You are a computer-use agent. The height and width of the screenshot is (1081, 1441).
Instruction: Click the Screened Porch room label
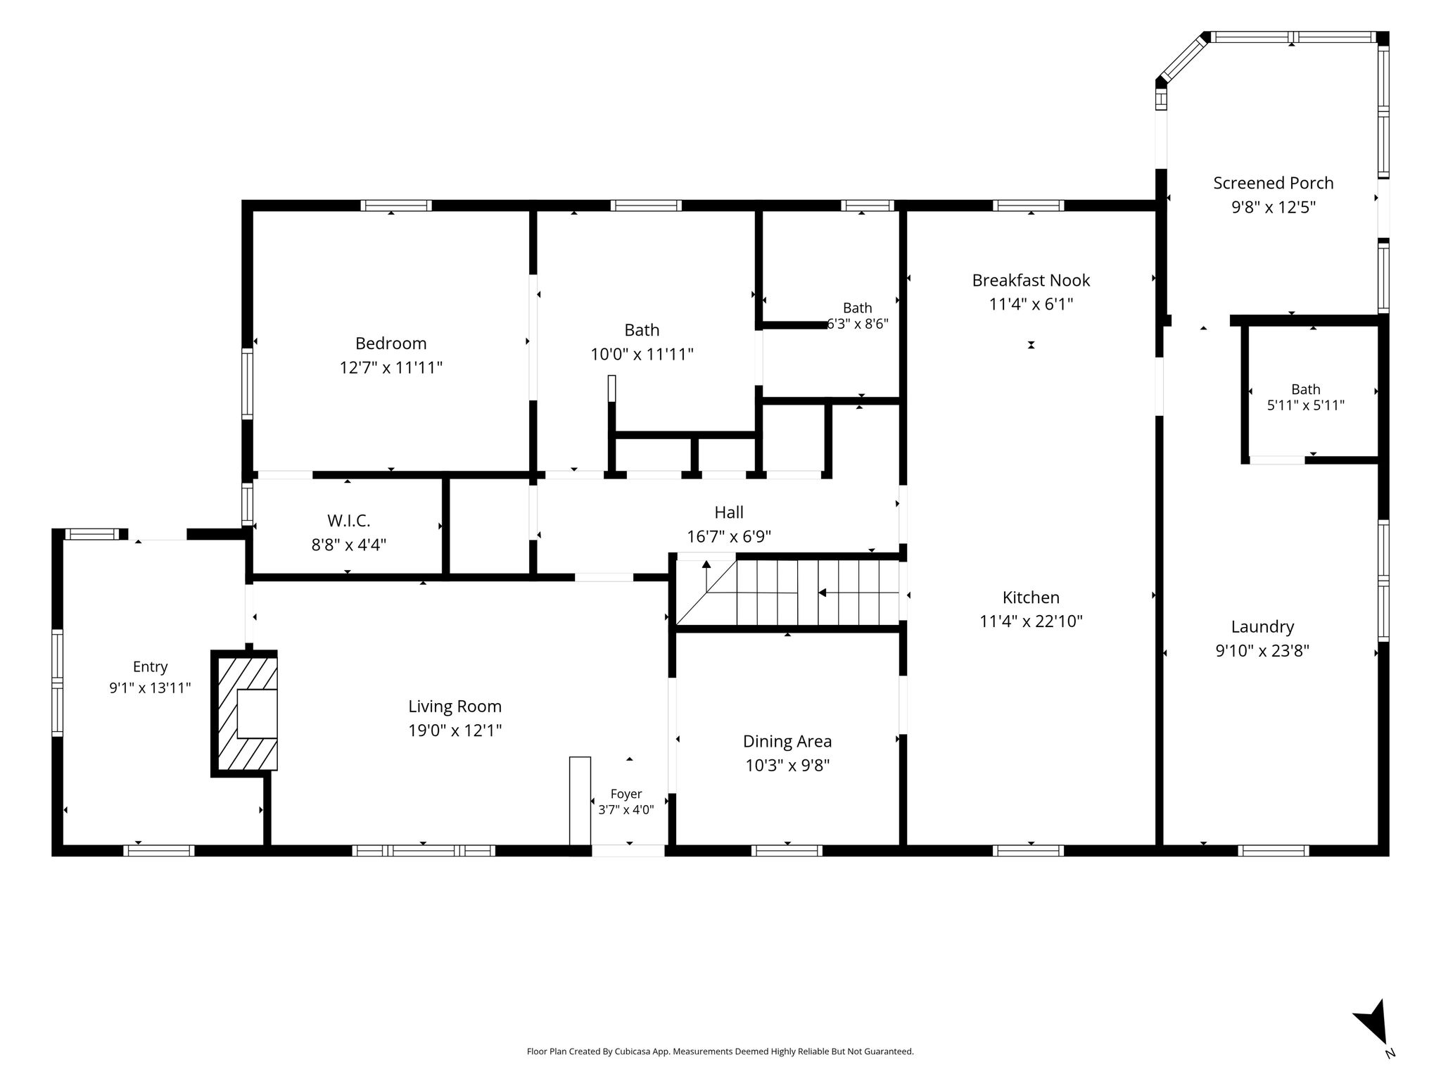click(1273, 183)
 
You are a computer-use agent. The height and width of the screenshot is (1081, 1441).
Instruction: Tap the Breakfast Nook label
click(1031, 280)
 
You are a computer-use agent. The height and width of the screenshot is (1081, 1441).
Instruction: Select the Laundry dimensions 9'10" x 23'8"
click(1262, 650)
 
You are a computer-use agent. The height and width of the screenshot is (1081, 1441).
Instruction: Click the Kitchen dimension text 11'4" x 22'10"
click(1031, 621)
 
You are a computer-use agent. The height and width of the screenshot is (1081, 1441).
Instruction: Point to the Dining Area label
click(787, 741)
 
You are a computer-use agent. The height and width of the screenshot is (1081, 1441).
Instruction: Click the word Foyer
click(626, 794)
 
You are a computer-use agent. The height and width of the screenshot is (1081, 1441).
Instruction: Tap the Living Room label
click(455, 706)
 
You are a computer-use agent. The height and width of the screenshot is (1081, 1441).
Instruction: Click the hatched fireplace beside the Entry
click(245, 713)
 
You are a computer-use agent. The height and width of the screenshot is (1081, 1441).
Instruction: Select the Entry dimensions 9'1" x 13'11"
click(150, 688)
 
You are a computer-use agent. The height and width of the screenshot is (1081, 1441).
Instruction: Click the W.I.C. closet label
click(348, 521)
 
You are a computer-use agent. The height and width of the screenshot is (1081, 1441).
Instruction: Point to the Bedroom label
click(391, 343)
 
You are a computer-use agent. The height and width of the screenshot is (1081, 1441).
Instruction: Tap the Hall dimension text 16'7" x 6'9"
click(729, 536)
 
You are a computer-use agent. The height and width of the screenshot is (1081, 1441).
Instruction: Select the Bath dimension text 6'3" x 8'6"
click(858, 324)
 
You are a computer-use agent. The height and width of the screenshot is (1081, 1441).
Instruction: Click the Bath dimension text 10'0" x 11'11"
click(642, 353)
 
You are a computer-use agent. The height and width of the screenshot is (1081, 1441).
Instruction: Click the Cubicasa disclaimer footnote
click(720, 1052)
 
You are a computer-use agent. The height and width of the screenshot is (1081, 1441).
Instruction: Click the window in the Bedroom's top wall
click(396, 206)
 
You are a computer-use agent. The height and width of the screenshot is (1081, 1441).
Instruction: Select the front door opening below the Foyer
click(628, 851)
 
